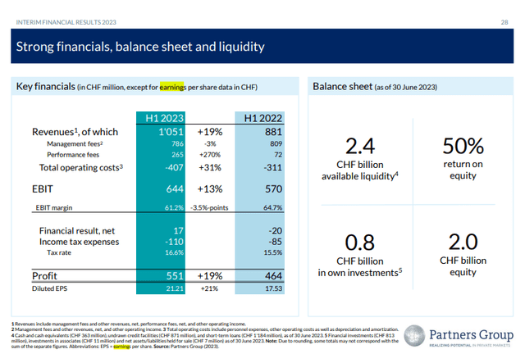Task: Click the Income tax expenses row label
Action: tap(80, 243)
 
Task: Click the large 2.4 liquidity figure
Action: tap(359, 146)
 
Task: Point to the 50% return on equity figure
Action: tap(463, 146)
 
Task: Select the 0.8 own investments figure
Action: tap(359, 242)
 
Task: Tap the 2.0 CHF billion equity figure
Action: tap(463, 242)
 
